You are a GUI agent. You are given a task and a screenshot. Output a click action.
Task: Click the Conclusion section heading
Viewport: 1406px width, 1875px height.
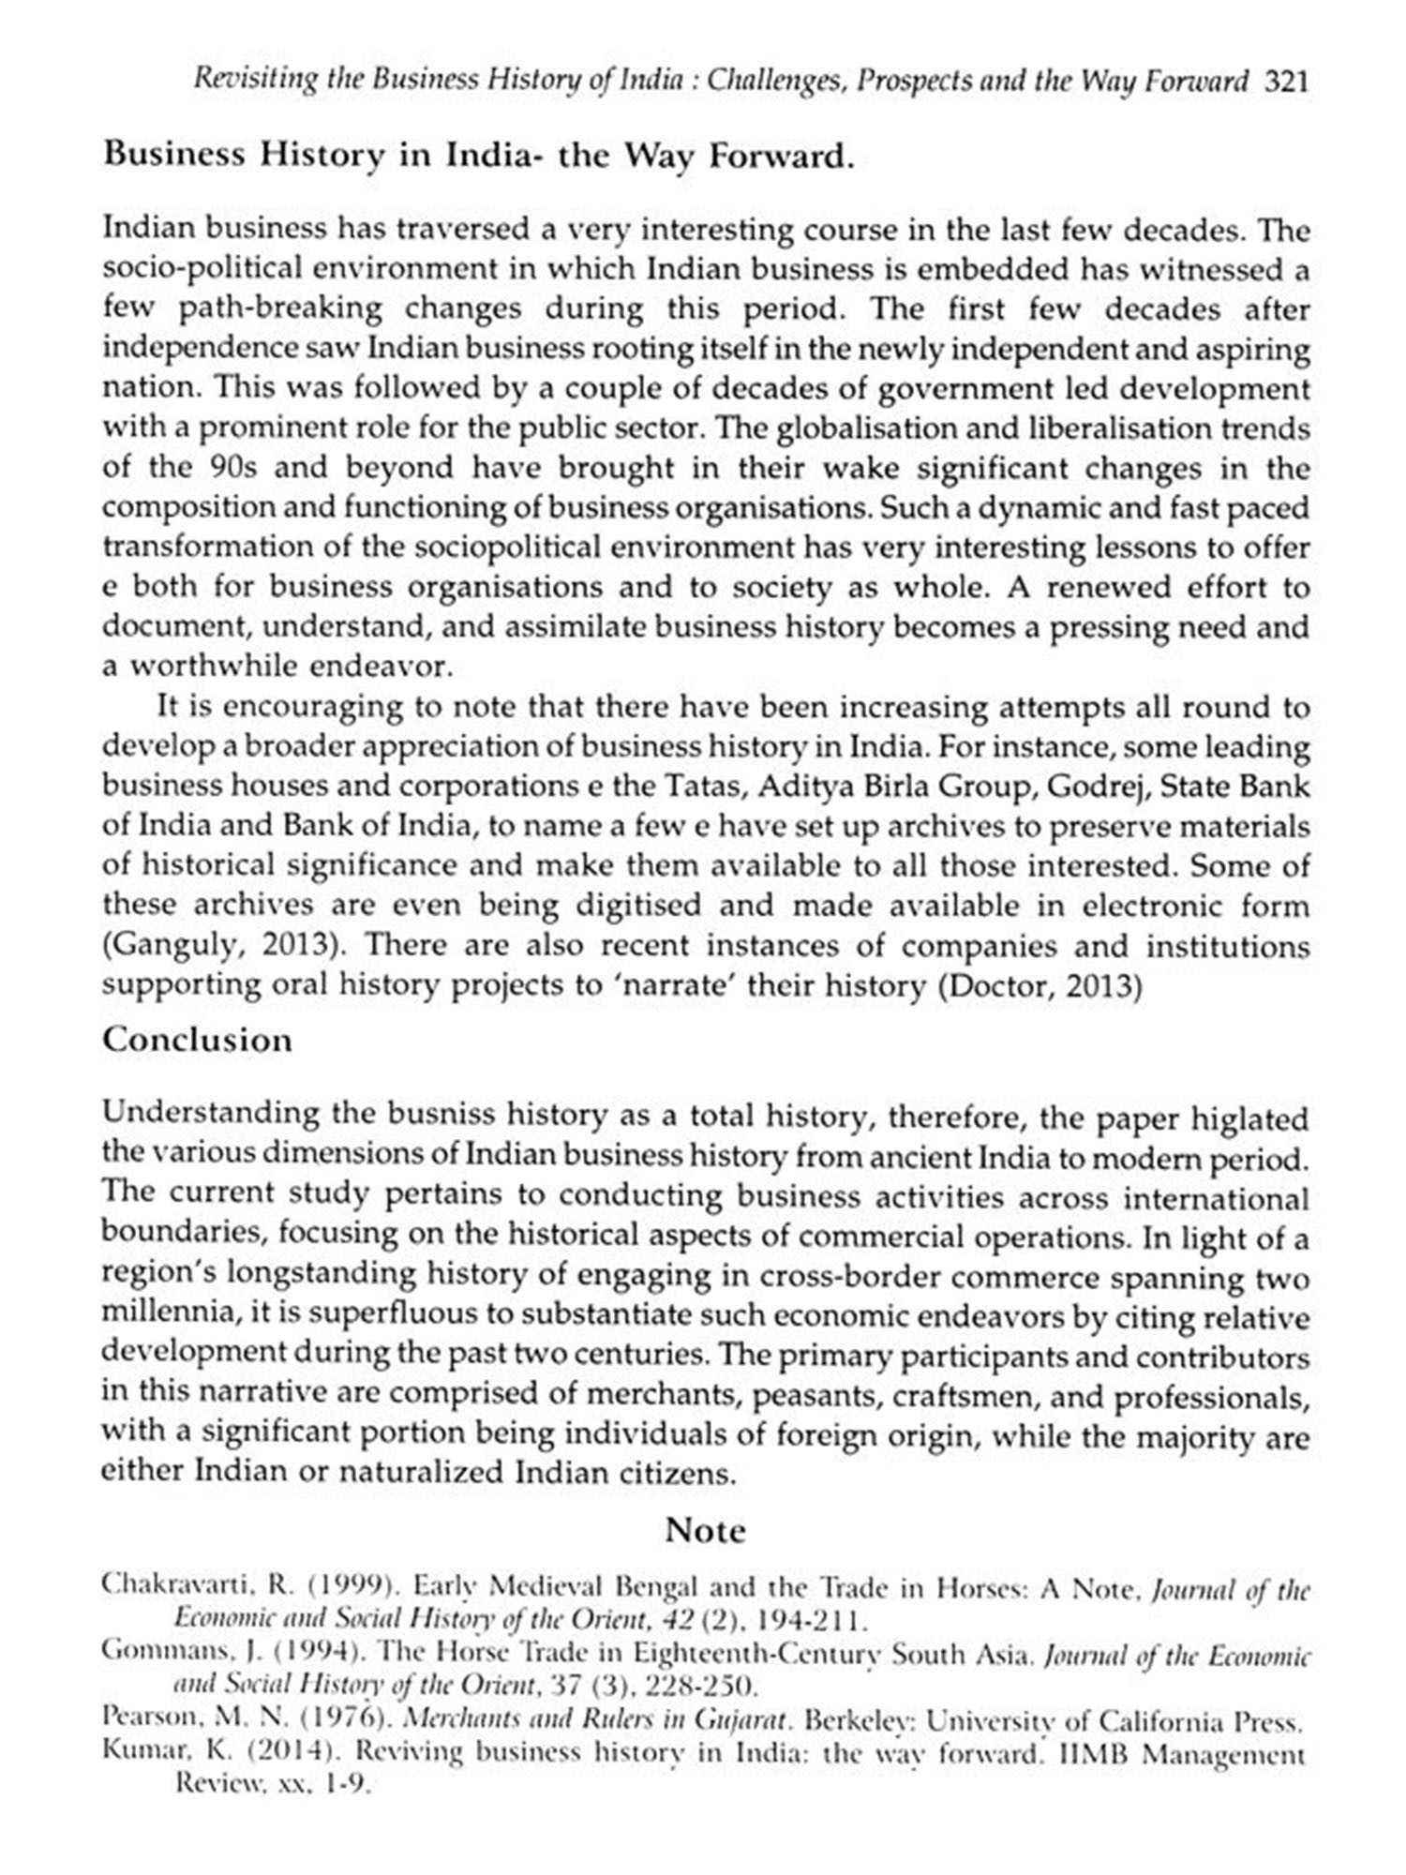pyautogui.click(x=197, y=1040)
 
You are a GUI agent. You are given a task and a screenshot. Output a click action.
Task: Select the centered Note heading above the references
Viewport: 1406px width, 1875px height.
pyautogui.click(x=705, y=1530)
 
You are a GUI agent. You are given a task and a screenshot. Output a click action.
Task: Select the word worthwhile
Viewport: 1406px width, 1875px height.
pyautogui.click(x=214, y=667)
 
